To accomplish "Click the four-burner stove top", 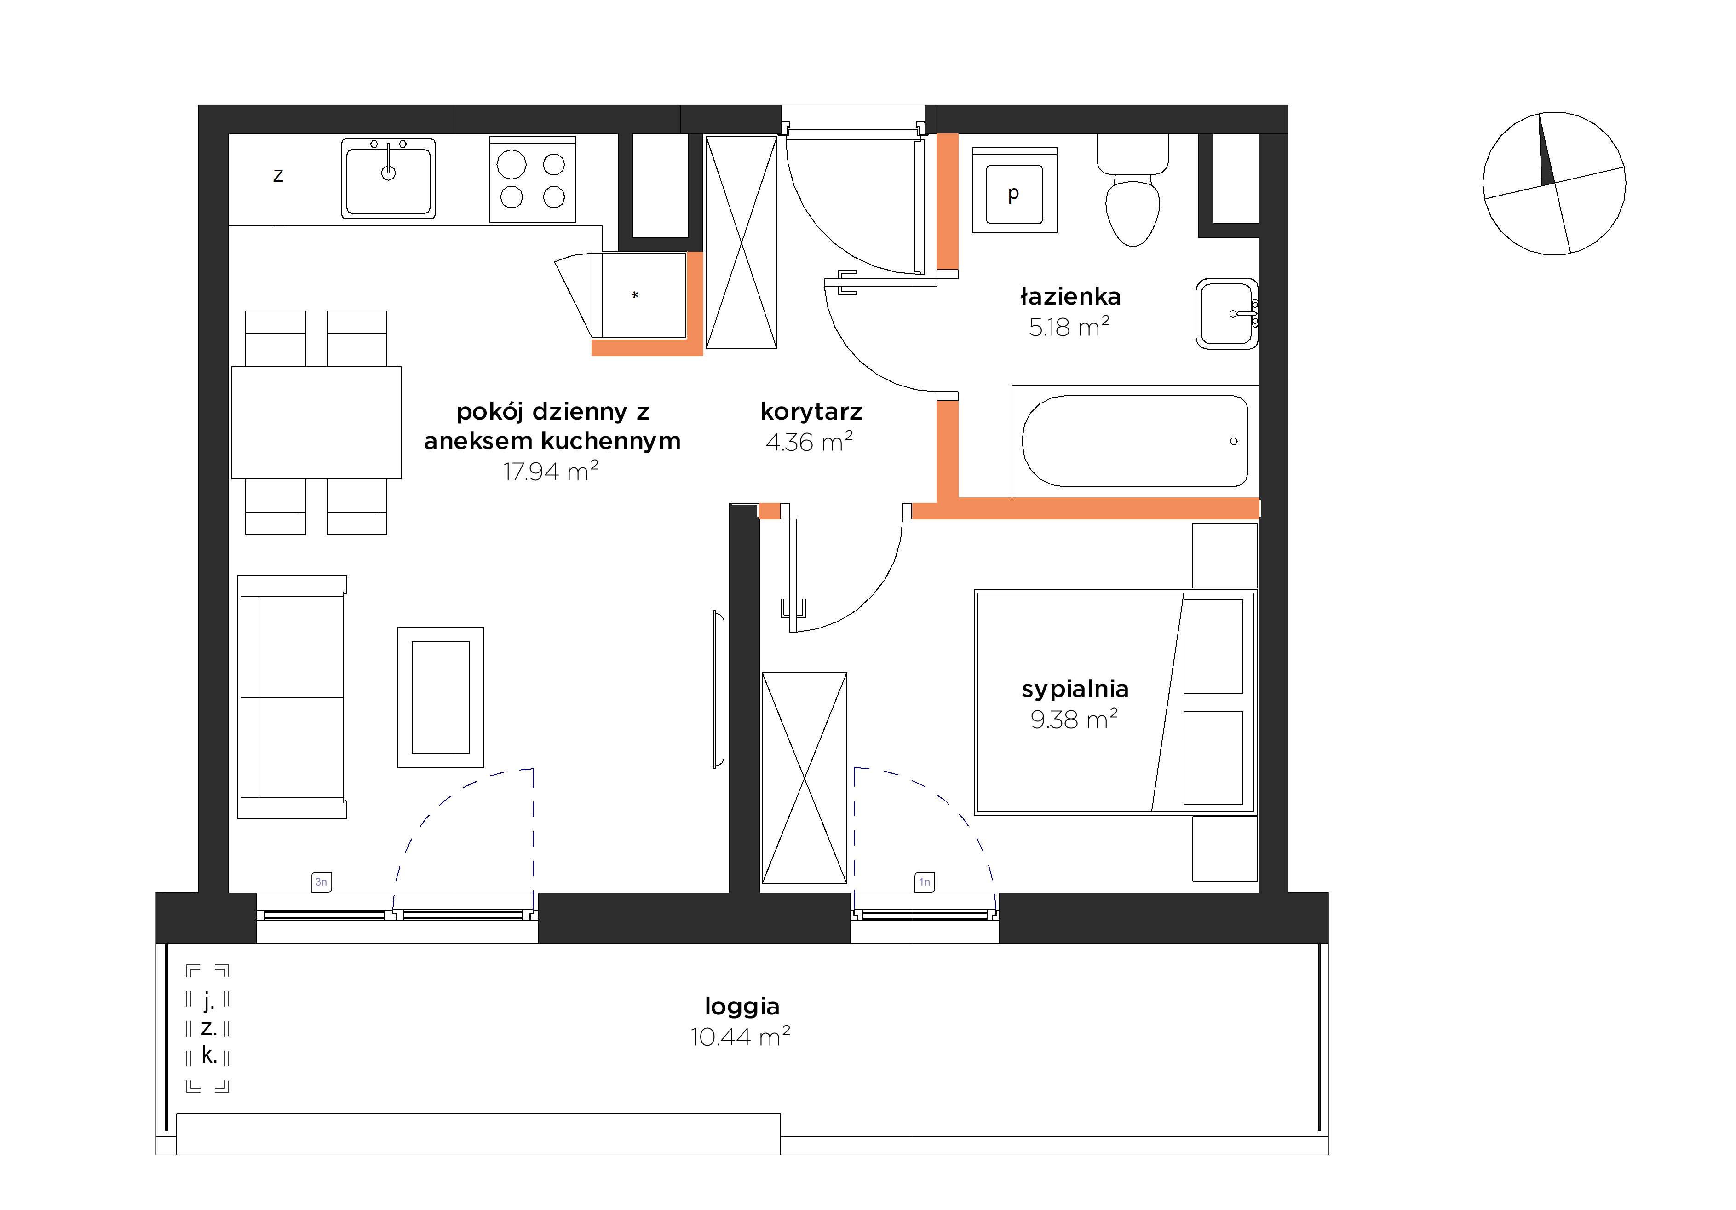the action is [x=533, y=179].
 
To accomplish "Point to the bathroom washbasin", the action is [x=1226, y=314].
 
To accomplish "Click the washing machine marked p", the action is [x=1014, y=190].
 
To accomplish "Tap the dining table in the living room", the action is [x=316, y=423].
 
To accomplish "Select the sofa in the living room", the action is [x=292, y=697].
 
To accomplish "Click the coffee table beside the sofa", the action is [x=441, y=697].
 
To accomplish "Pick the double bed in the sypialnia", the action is [x=1115, y=703].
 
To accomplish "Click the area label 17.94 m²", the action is [x=551, y=471].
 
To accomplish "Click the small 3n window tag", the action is [x=322, y=882].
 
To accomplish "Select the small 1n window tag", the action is [x=924, y=882].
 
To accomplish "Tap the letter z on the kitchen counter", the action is [x=278, y=175].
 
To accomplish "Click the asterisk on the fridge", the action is [x=635, y=295].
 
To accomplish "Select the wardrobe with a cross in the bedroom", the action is [x=804, y=778].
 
